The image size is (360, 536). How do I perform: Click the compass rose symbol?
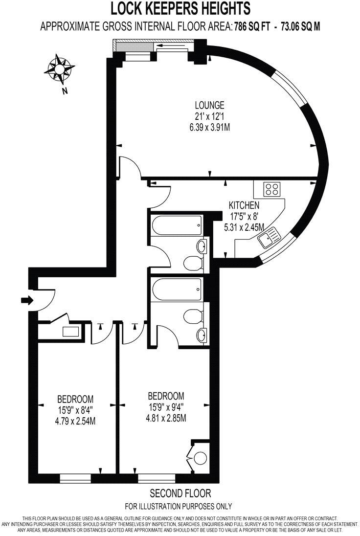(61, 70)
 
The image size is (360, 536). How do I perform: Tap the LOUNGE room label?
(209, 105)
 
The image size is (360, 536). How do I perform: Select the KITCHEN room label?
(245, 205)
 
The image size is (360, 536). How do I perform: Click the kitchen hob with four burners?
(270, 188)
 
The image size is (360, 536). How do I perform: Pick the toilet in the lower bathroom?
(193, 313)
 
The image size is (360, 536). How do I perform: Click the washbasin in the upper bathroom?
(202, 245)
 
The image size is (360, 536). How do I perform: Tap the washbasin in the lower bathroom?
(202, 335)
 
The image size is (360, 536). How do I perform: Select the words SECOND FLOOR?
(180, 493)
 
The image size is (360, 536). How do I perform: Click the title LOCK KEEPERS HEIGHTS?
(180, 9)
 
